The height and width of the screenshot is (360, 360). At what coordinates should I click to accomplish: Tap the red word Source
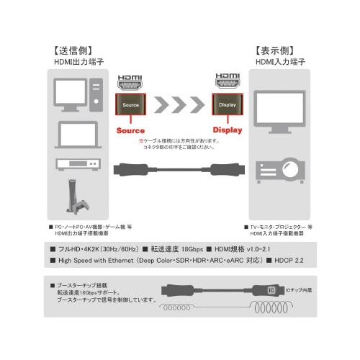(131, 131)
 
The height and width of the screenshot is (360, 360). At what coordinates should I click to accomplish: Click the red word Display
(228, 131)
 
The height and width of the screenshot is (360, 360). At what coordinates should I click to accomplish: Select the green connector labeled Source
(130, 105)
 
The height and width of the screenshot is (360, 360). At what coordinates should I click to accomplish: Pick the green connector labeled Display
(227, 105)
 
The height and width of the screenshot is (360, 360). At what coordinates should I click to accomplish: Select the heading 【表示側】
(277, 51)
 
